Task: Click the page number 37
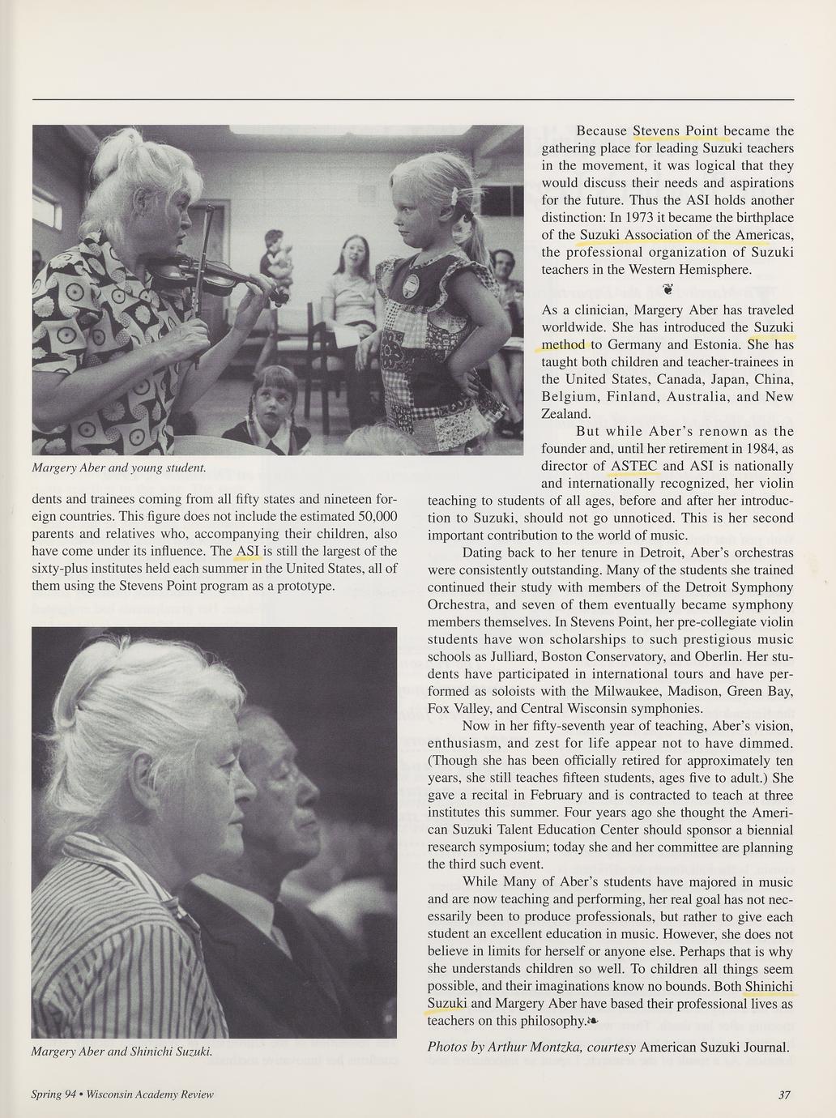coord(783,1095)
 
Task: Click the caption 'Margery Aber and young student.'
coord(118,467)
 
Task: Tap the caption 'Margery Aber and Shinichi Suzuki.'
coord(122,1052)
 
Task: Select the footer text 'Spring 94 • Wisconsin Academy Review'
coord(122,1095)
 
